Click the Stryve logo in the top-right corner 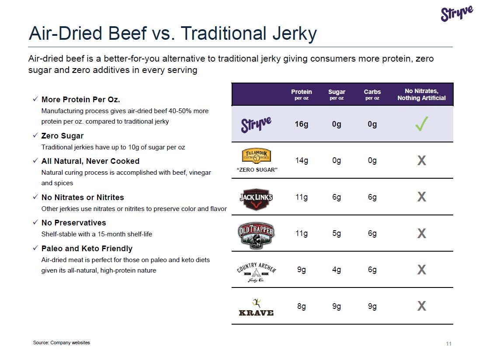(x=457, y=14)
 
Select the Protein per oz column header (x=302, y=94)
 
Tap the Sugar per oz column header (x=337, y=94)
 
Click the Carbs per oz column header (x=372, y=94)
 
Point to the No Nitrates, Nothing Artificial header (x=421, y=94)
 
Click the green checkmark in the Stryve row (x=421, y=124)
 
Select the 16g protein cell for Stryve (x=302, y=124)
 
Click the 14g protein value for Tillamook (x=302, y=160)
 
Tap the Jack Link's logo (x=256, y=197)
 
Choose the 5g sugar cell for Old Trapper (x=337, y=233)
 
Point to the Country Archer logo (x=257, y=271)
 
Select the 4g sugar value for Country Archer (x=337, y=270)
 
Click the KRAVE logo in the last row (x=256, y=308)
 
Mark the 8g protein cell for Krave (x=302, y=306)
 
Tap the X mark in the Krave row (x=421, y=306)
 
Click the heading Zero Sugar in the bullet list (x=62, y=136)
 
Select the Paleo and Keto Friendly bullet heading (x=87, y=249)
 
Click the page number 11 (x=448, y=344)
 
